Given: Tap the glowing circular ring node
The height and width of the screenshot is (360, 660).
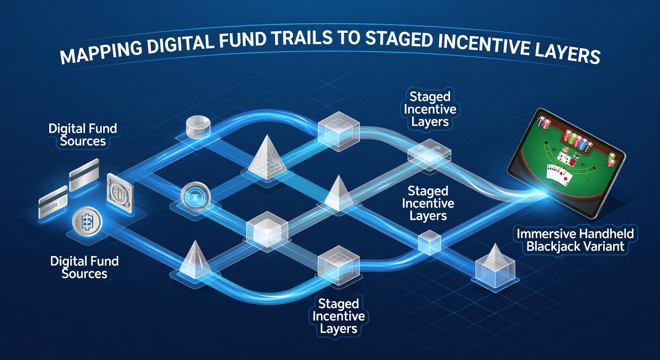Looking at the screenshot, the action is (195, 196).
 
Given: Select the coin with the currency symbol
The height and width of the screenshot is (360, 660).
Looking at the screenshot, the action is (87, 222).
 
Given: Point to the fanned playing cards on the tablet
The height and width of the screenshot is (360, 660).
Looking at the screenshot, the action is (559, 175).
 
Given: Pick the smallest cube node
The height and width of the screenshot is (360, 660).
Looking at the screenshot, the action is (429, 242).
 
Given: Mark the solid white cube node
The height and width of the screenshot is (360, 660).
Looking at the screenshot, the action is (267, 229).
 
